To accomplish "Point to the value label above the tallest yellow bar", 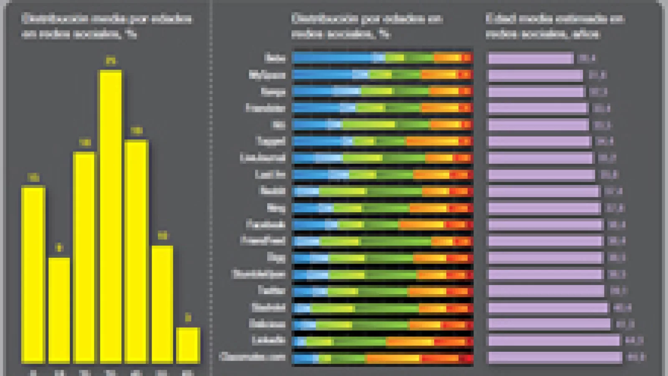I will [111, 61].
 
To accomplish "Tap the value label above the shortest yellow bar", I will [188, 318].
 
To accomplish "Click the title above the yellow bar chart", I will [106, 26].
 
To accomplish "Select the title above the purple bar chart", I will [555, 26].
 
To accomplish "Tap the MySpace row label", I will [267, 75].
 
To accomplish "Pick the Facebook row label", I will [266, 224].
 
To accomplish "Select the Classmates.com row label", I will [253, 357].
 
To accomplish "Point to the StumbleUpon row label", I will [258, 274].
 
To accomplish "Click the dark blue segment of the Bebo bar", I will [332, 58].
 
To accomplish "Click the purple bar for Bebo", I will [531, 58].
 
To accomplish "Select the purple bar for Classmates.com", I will [555, 357].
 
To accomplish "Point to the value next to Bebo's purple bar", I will [587, 58].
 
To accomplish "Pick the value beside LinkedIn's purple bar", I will [634, 340].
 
